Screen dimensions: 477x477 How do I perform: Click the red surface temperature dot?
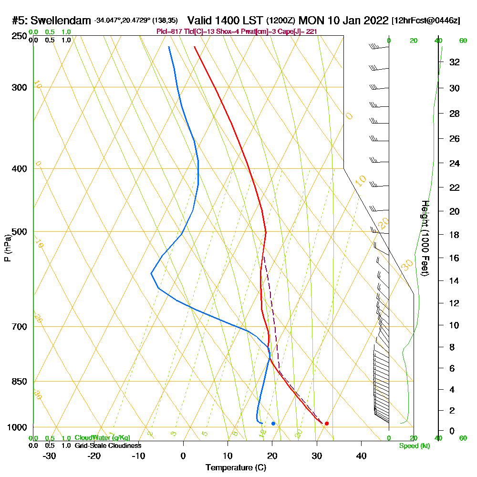[x=327, y=423]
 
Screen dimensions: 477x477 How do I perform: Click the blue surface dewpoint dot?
[x=273, y=423]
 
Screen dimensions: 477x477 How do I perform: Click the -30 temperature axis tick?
[x=50, y=456]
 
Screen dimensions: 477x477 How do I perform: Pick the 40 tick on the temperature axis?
[x=361, y=456]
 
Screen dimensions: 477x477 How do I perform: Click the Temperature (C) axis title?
[x=236, y=468]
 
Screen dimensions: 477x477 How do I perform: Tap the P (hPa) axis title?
[x=7, y=248]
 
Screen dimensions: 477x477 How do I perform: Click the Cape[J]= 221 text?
[x=298, y=31]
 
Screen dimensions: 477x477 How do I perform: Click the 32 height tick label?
[x=455, y=62]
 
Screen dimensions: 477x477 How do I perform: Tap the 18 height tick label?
[x=455, y=235]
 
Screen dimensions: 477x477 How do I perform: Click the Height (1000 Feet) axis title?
[x=425, y=238]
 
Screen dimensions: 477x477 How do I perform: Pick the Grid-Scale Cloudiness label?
[x=107, y=446]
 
